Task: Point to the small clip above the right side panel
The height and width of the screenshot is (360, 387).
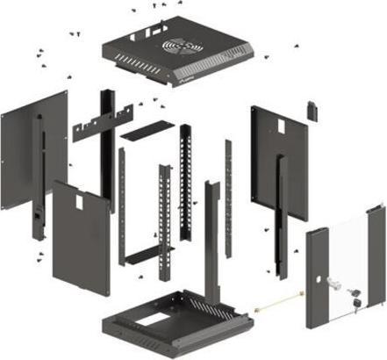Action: pos(310,110)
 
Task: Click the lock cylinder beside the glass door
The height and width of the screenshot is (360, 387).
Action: pos(333,283)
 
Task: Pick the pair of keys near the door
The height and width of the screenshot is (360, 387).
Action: pos(355,299)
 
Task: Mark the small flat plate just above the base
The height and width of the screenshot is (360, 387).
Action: pos(149,255)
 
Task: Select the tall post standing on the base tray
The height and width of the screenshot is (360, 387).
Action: pos(211,237)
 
